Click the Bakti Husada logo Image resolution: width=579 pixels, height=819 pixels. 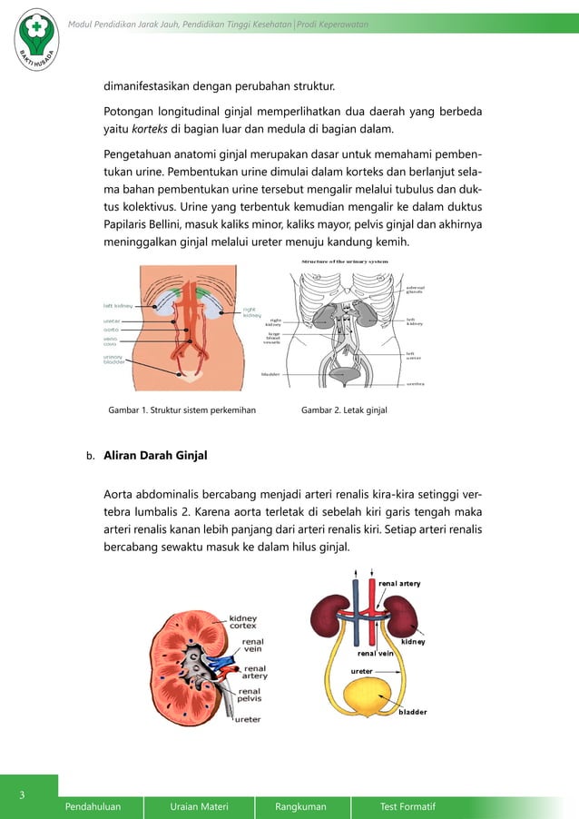34,38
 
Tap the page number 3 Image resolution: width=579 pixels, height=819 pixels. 24,796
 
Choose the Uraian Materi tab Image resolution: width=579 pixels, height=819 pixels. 199,806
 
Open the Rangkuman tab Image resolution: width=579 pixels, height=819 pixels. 301,806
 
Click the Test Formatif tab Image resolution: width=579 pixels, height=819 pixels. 407,806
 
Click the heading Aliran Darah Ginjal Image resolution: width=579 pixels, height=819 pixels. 155,456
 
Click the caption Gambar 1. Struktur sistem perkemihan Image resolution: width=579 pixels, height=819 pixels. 182,410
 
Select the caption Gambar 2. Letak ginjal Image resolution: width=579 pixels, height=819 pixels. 344,410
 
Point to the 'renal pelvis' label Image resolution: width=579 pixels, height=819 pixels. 249,696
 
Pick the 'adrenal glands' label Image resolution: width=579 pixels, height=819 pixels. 414,290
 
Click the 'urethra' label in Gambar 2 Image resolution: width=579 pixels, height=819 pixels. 416,384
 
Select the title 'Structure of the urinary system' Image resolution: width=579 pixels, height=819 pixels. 344,261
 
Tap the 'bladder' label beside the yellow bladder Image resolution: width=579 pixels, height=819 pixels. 412,712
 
